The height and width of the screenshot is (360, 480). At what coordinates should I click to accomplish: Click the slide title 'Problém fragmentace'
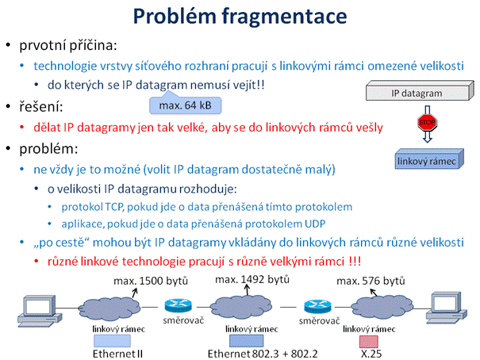[240, 17]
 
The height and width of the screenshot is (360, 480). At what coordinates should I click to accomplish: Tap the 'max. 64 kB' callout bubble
[185, 105]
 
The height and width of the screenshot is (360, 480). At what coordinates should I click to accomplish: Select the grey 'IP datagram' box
[420, 91]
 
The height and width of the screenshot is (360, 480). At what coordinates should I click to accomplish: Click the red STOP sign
[428, 123]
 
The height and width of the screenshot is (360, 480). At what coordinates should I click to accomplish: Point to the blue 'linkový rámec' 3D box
[429, 159]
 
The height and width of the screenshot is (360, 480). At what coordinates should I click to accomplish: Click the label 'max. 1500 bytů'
[151, 281]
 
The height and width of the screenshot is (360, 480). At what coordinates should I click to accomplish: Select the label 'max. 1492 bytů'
[252, 280]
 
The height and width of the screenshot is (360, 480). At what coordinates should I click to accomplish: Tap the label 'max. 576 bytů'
[371, 281]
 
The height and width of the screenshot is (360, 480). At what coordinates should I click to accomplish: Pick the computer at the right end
[447, 308]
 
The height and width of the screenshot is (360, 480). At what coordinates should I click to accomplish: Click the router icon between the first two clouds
[179, 306]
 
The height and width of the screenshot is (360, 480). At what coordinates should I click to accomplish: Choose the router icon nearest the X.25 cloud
[317, 307]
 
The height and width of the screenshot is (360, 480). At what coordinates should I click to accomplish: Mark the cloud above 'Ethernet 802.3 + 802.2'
[241, 307]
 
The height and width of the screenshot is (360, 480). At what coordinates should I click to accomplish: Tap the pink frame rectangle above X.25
[369, 341]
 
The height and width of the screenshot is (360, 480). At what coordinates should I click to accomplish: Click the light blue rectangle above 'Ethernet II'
[112, 341]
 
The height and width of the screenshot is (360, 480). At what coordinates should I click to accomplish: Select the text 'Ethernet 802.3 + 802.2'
[263, 354]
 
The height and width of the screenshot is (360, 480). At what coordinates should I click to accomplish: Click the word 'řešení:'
[41, 107]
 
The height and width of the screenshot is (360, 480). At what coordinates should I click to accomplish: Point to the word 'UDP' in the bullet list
[315, 224]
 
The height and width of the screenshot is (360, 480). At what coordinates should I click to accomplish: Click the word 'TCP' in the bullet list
[114, 207]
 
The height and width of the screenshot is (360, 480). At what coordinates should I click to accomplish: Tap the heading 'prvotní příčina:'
[68, 45]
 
